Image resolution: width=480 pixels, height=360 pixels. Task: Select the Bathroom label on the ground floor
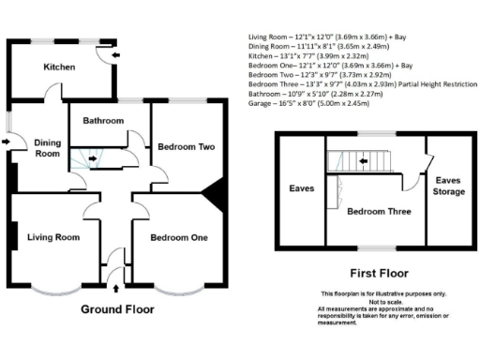[103, 121]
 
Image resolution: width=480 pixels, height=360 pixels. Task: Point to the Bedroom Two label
[187, 147]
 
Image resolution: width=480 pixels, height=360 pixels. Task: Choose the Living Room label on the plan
[52, 237]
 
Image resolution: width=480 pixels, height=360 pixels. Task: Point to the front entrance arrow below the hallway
[115, 275]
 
